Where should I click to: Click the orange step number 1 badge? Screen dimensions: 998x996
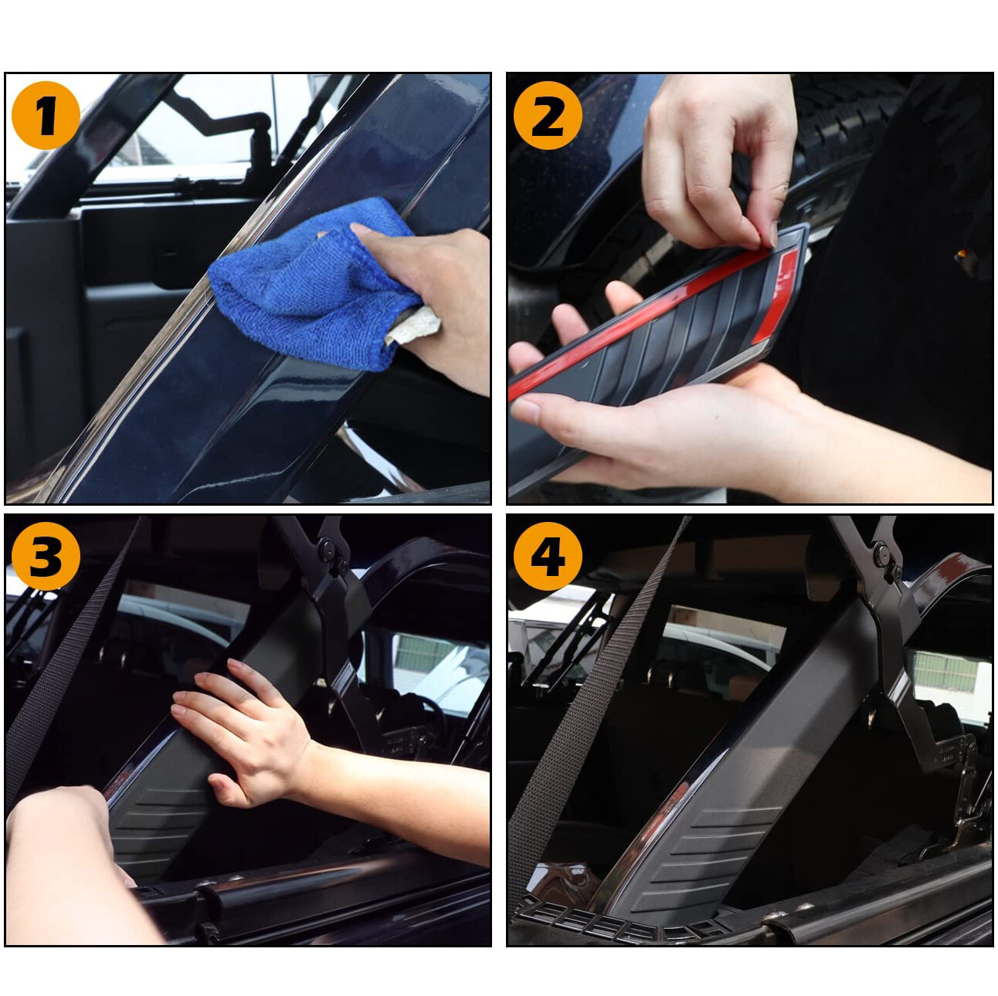pos(46,115)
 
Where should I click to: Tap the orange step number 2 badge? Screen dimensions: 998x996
pos(548,115)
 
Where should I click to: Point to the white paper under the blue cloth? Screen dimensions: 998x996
pos(413,324)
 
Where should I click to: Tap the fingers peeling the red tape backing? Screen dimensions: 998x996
pos(720,161)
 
